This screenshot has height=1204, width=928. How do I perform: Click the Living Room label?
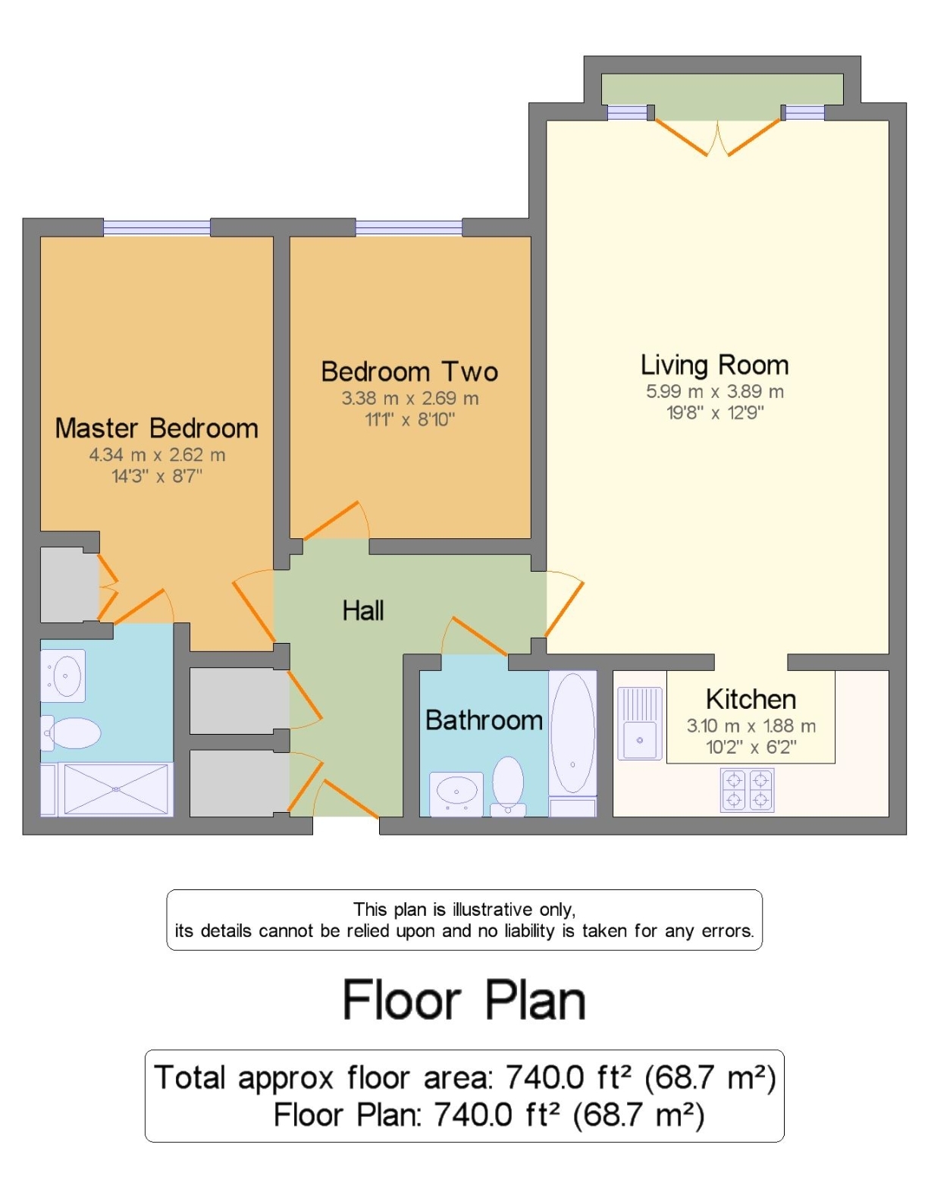pyautogui.click(x=714, y=365)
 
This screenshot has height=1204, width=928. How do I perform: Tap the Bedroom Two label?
pyautogui.click(x=409, y=372)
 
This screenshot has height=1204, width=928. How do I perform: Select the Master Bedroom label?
pyautogui.click(x=157, y=428)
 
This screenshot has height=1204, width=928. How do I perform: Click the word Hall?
pyautogui.click(x=363, y=610)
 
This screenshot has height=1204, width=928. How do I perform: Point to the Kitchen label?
pyautogui.click(x=751, y=699)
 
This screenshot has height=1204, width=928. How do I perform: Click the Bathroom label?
pyautogui.click(x=484, y=720)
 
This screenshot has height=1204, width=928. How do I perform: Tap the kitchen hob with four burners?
pyautogui.click(x=747, y=790)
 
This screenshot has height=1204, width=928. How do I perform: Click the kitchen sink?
pyautogui.click(x=640, y=723)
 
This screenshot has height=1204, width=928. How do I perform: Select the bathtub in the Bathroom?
pyautogui.click(x=572, y=732)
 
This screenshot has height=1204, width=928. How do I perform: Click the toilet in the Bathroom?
pyautogui.click(x=508, y=785)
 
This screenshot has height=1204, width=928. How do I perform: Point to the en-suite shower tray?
pyautogui.click(x=115, y=789)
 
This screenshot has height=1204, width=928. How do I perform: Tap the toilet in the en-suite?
pyautogui.click(x=71, y=732)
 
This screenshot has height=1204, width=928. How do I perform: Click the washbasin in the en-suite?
pyautogui.click(x=63, y=676)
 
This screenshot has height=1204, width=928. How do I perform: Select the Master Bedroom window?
pyautogui.click(x=157, y=227)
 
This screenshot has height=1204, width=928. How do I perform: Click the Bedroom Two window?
pyautogui.click(x=409, y=227)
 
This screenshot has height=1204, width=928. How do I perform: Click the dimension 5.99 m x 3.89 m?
pyautogui.click(x=715, y=392)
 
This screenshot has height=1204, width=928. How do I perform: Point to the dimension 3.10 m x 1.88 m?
pyautogui.click(x=751, y=726)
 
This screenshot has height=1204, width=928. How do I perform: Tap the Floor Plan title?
pyautogui.click(x=464, y=1000)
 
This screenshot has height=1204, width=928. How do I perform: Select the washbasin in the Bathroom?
pyautogui.click(x=456, y=794)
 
